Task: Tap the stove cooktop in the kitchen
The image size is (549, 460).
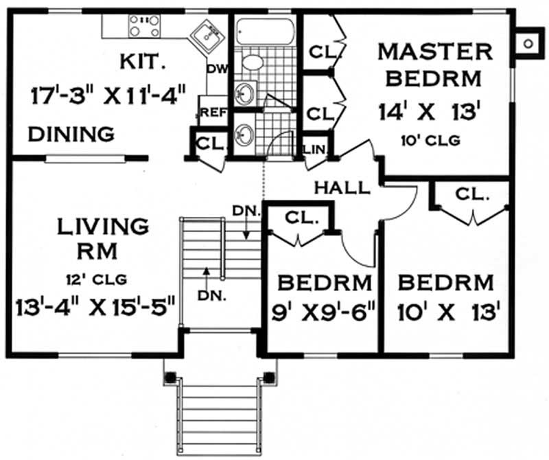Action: click(x=144, y=27)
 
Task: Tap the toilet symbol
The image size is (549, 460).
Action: click(x=251, y=62)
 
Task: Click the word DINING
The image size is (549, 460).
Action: click(x=71, y=134)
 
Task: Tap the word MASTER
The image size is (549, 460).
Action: click(x=436, y=51)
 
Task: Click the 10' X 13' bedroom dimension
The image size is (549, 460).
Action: click(x=446, y=313)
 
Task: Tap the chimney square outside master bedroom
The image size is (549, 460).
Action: click(x=528, y=43)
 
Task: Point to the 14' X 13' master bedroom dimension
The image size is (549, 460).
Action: click(x=430, y=110)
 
